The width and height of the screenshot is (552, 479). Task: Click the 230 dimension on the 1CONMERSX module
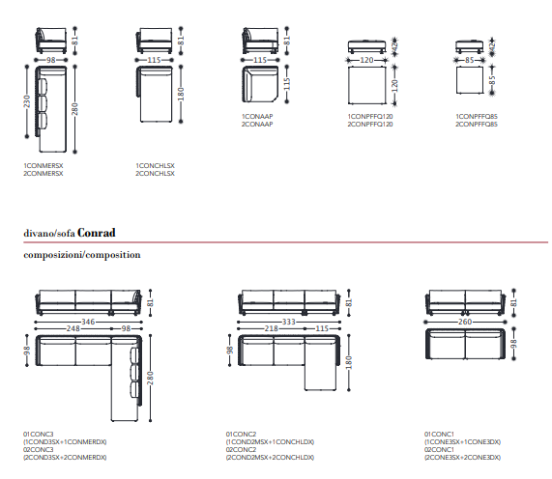(x=27, y=101)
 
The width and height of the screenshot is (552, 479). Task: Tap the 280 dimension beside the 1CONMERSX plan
(x=74, y=109)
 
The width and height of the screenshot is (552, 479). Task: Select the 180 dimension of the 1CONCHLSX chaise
(x=181, y=94)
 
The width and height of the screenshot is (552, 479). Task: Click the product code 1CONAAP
(x=257, y=117)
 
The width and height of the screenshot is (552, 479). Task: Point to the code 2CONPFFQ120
(x=370, y=125)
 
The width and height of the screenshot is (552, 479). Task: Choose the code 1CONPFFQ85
(x=477, y=117)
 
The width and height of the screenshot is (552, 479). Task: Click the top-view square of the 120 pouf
(x=367, y=85)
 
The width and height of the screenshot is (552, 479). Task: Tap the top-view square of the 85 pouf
(x=470, y=80)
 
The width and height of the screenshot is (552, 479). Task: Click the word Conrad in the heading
(x=96, y=233)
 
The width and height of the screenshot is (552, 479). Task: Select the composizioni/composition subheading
(x=82, y=255)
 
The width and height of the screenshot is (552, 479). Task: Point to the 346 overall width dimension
(x=88, y=322)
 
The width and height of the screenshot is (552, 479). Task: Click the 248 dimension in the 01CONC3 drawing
(x=73, y=328)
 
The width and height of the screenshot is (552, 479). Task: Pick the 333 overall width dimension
(x=289, y=322)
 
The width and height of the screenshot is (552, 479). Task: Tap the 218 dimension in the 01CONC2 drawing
(x=272, y=328)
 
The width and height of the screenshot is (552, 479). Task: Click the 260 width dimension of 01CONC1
(x=465, y=322)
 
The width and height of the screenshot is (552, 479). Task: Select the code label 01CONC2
(x=241, y=435)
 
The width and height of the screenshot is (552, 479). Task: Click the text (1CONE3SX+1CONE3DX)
(x=463, y=442)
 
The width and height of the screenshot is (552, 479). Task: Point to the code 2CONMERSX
(x=44, y=174)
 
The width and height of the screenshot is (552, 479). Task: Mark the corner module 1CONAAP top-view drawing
(x=260, y=84)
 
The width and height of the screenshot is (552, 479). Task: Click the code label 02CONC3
(x=39, y=450)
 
